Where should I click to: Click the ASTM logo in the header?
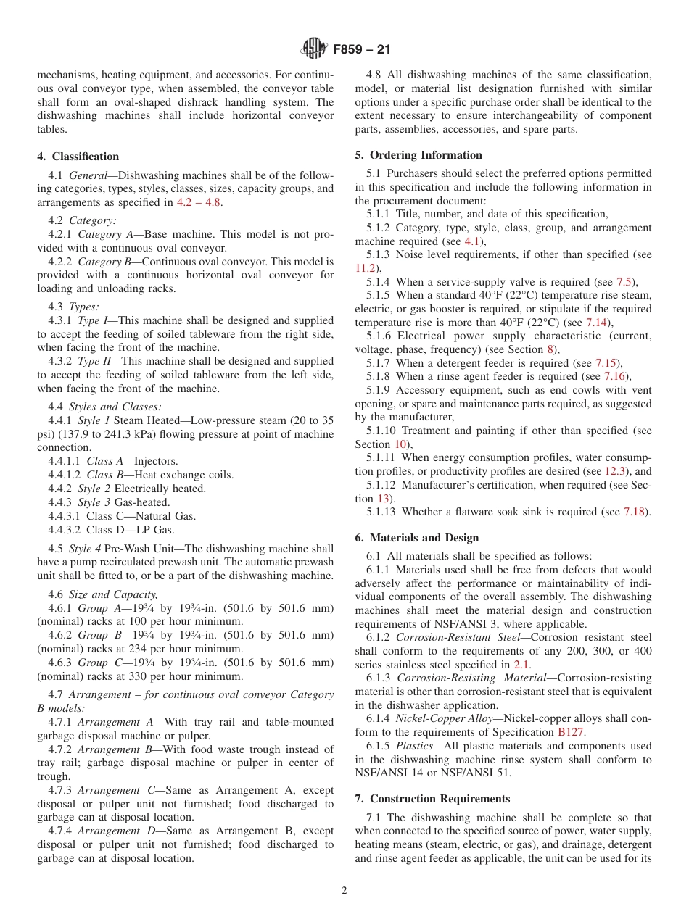(313, 50)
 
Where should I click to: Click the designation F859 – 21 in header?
(362, 51)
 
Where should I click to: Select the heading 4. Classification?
(78, 157)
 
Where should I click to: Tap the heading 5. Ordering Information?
(418, 155)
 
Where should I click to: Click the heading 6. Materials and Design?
(417, 538)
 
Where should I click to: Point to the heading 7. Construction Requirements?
(432, 799)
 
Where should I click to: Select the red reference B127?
(570, 732)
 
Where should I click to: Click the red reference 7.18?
(636, 512)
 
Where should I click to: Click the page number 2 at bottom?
(344, 891)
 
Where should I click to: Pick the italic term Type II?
(93, 361)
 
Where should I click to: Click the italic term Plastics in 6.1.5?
(414, 746)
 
